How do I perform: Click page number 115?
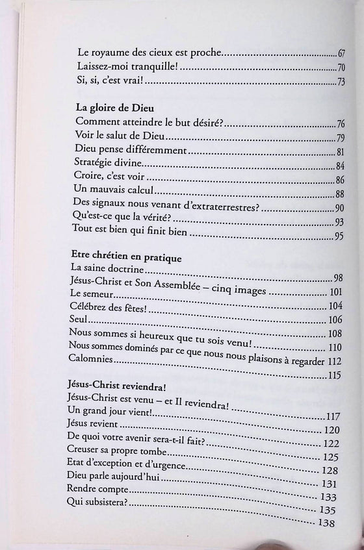click(x=335, y=375)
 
